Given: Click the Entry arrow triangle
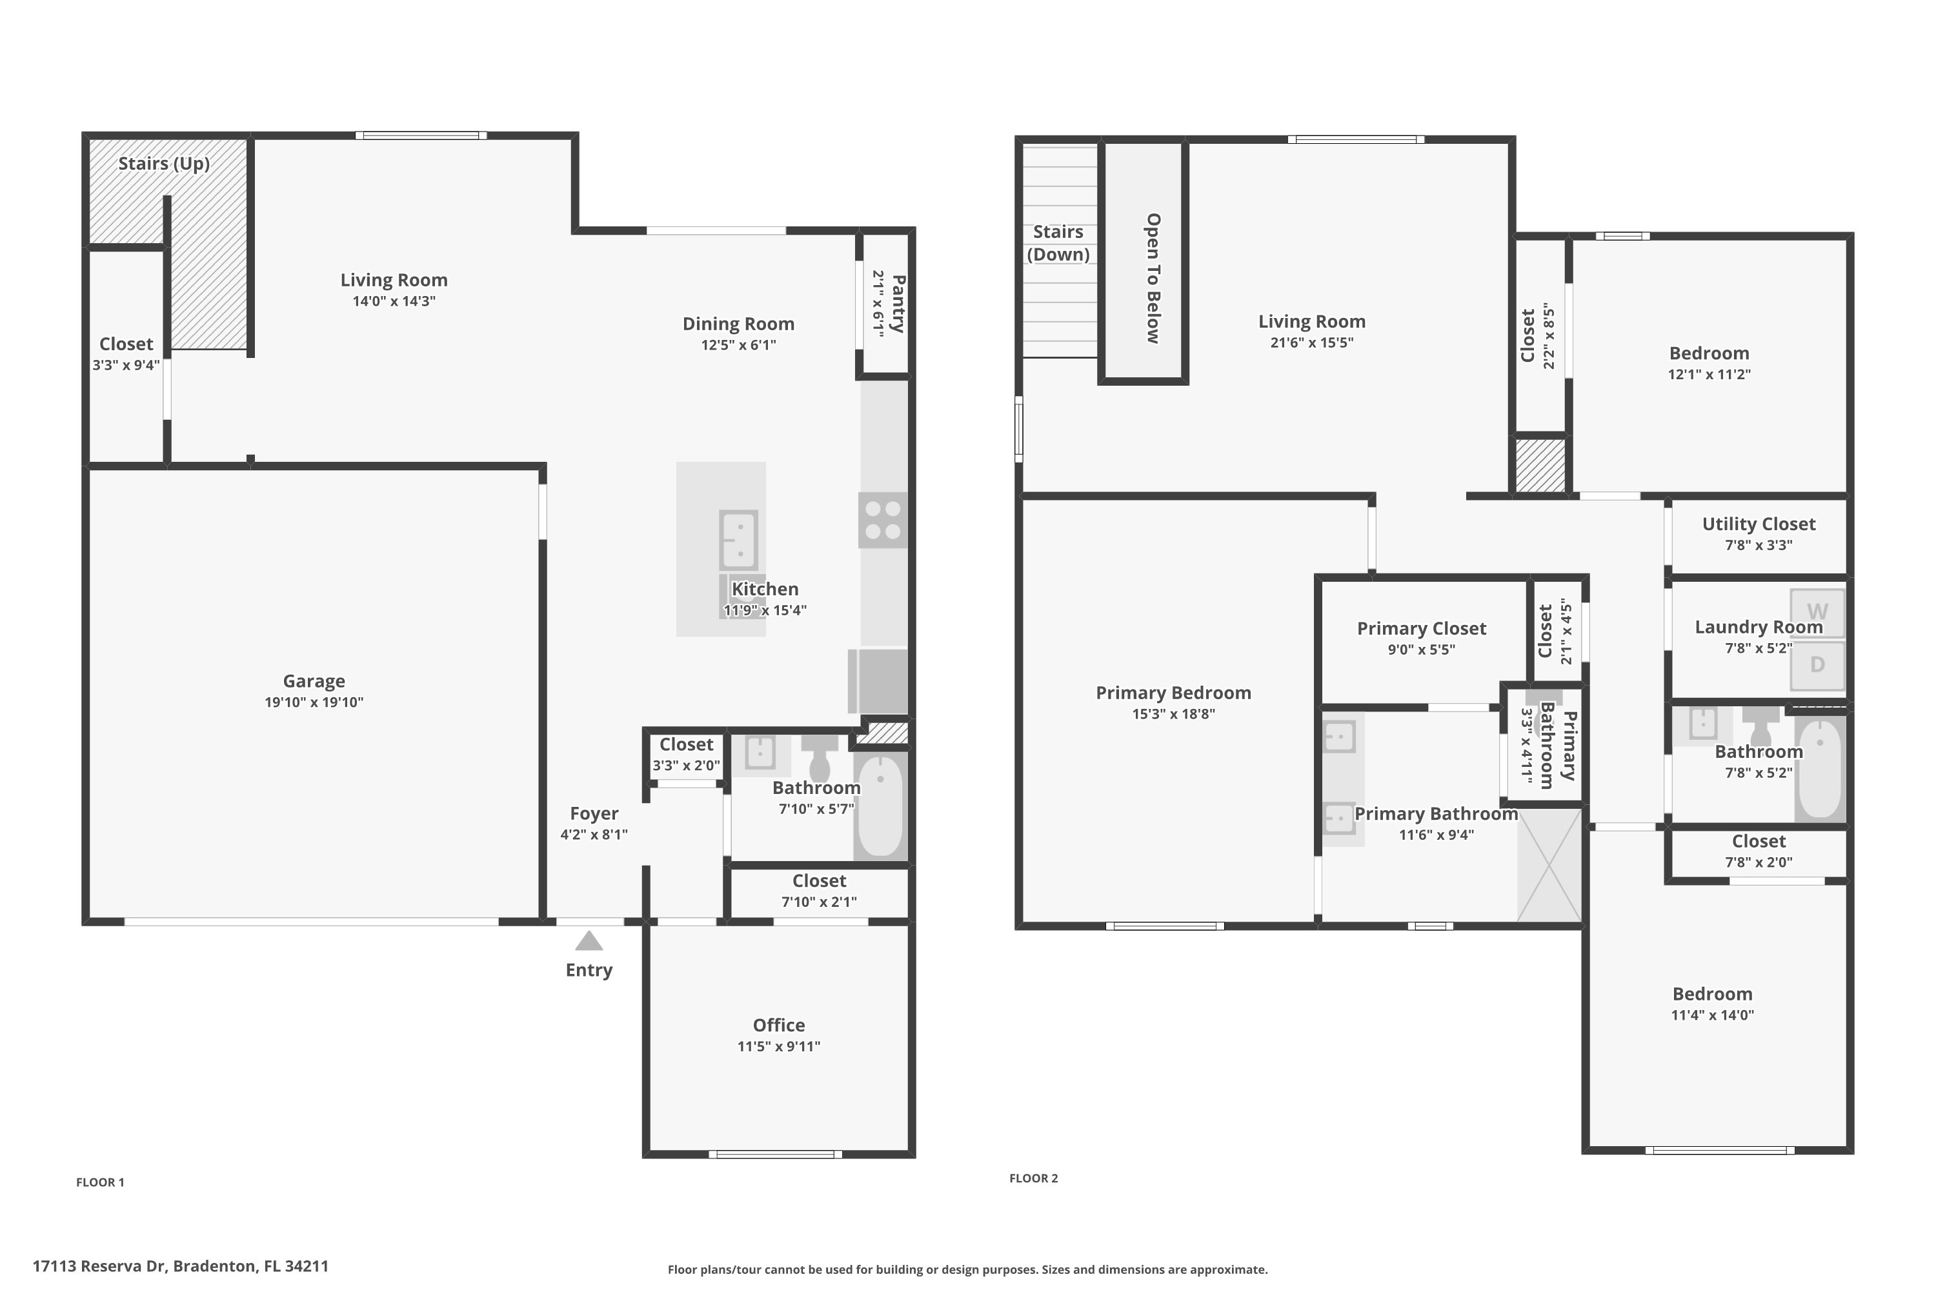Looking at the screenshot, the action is tap(589, 941).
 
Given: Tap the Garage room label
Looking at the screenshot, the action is tap(314, 681).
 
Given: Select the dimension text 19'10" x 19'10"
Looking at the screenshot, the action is tap(314, 702).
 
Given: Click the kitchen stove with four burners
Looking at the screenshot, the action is tap(882, 520).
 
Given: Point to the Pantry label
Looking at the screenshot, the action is tap(898, 304).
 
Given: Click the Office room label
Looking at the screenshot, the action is tap(779, 1025).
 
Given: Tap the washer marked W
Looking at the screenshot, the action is tap(1817, 612).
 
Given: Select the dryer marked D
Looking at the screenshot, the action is tap(1817, 665).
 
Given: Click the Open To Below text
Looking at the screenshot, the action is tap(1153, 278).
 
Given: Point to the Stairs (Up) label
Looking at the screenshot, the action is tap(164, 163).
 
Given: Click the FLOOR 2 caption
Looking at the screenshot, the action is tap(1034, 1178).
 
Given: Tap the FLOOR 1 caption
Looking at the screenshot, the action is tap(101, 1182).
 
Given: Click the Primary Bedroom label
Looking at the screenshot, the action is tap(1173, 693).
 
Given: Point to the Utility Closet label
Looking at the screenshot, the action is tap(1758, 524).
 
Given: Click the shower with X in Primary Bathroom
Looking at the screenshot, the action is tap(1549, 865).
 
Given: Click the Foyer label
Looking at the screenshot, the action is tap(594, 813).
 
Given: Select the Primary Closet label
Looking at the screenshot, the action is tap(1422, 628).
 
